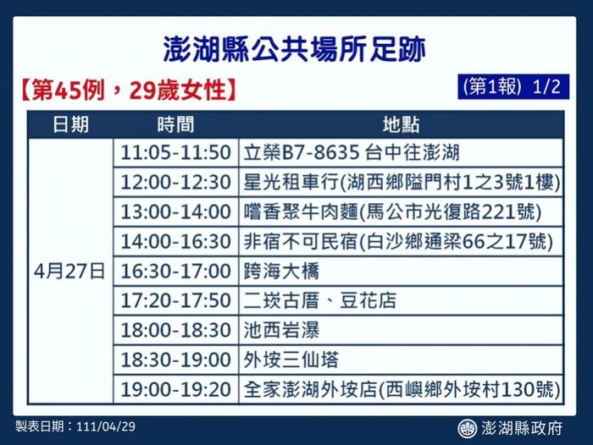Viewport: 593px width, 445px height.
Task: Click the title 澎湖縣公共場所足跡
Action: (295, 49)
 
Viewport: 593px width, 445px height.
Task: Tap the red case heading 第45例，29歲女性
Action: (129, 91)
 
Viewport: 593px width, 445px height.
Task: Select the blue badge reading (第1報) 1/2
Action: (513, 87)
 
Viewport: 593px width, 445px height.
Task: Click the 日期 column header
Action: (70, 124)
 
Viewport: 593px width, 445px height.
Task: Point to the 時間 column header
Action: (176, 124)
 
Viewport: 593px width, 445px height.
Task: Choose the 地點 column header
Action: (402, 124)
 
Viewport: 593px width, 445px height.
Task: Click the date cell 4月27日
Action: (69, 272)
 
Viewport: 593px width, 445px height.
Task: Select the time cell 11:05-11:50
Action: (176, 152)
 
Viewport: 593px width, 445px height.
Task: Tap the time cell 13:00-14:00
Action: (176, 212)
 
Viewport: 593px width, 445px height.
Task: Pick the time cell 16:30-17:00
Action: (176, 272)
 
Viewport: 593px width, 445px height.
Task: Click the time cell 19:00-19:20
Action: (176, 389)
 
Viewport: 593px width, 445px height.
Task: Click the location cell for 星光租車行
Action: (402, 182)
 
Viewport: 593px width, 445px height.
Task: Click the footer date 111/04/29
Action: (106, 426)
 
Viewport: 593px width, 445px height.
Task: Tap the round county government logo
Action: (467, 428)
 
